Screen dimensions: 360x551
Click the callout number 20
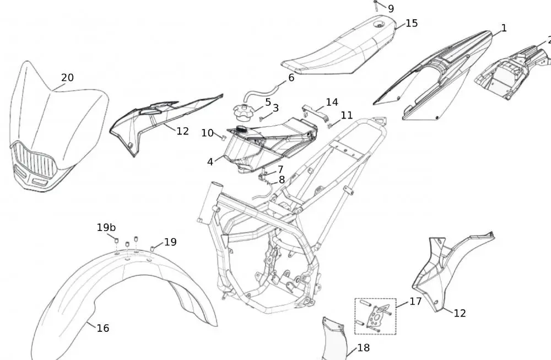coord(67,78)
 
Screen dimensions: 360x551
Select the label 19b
coord(106,227)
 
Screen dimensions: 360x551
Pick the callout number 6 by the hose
coord(291,78)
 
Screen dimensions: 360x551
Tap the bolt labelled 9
coord(375,6)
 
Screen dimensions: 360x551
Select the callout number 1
coord(503,28)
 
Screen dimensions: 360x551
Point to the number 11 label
coord(347,115)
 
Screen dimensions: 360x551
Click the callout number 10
coord(207,133)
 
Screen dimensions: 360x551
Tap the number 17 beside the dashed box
coord(415,302)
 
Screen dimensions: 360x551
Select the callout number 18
coord(364,348)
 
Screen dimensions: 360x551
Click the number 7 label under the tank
coord(280,169)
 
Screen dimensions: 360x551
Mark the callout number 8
coord(282,179)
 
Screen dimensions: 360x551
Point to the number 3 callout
coord(275,108)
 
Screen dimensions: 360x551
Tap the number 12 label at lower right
coord(460,313)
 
